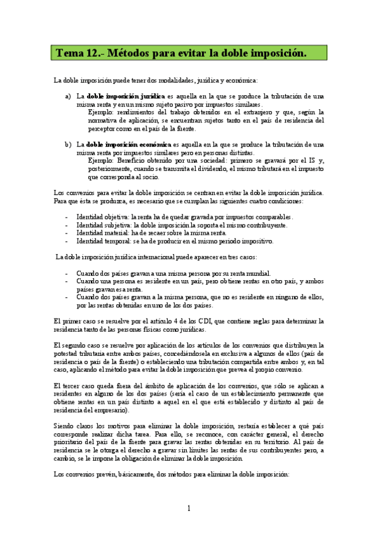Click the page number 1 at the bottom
[x=189, y=508]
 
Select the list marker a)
[x=68, y=96]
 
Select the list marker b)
[x=68, y=144]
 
